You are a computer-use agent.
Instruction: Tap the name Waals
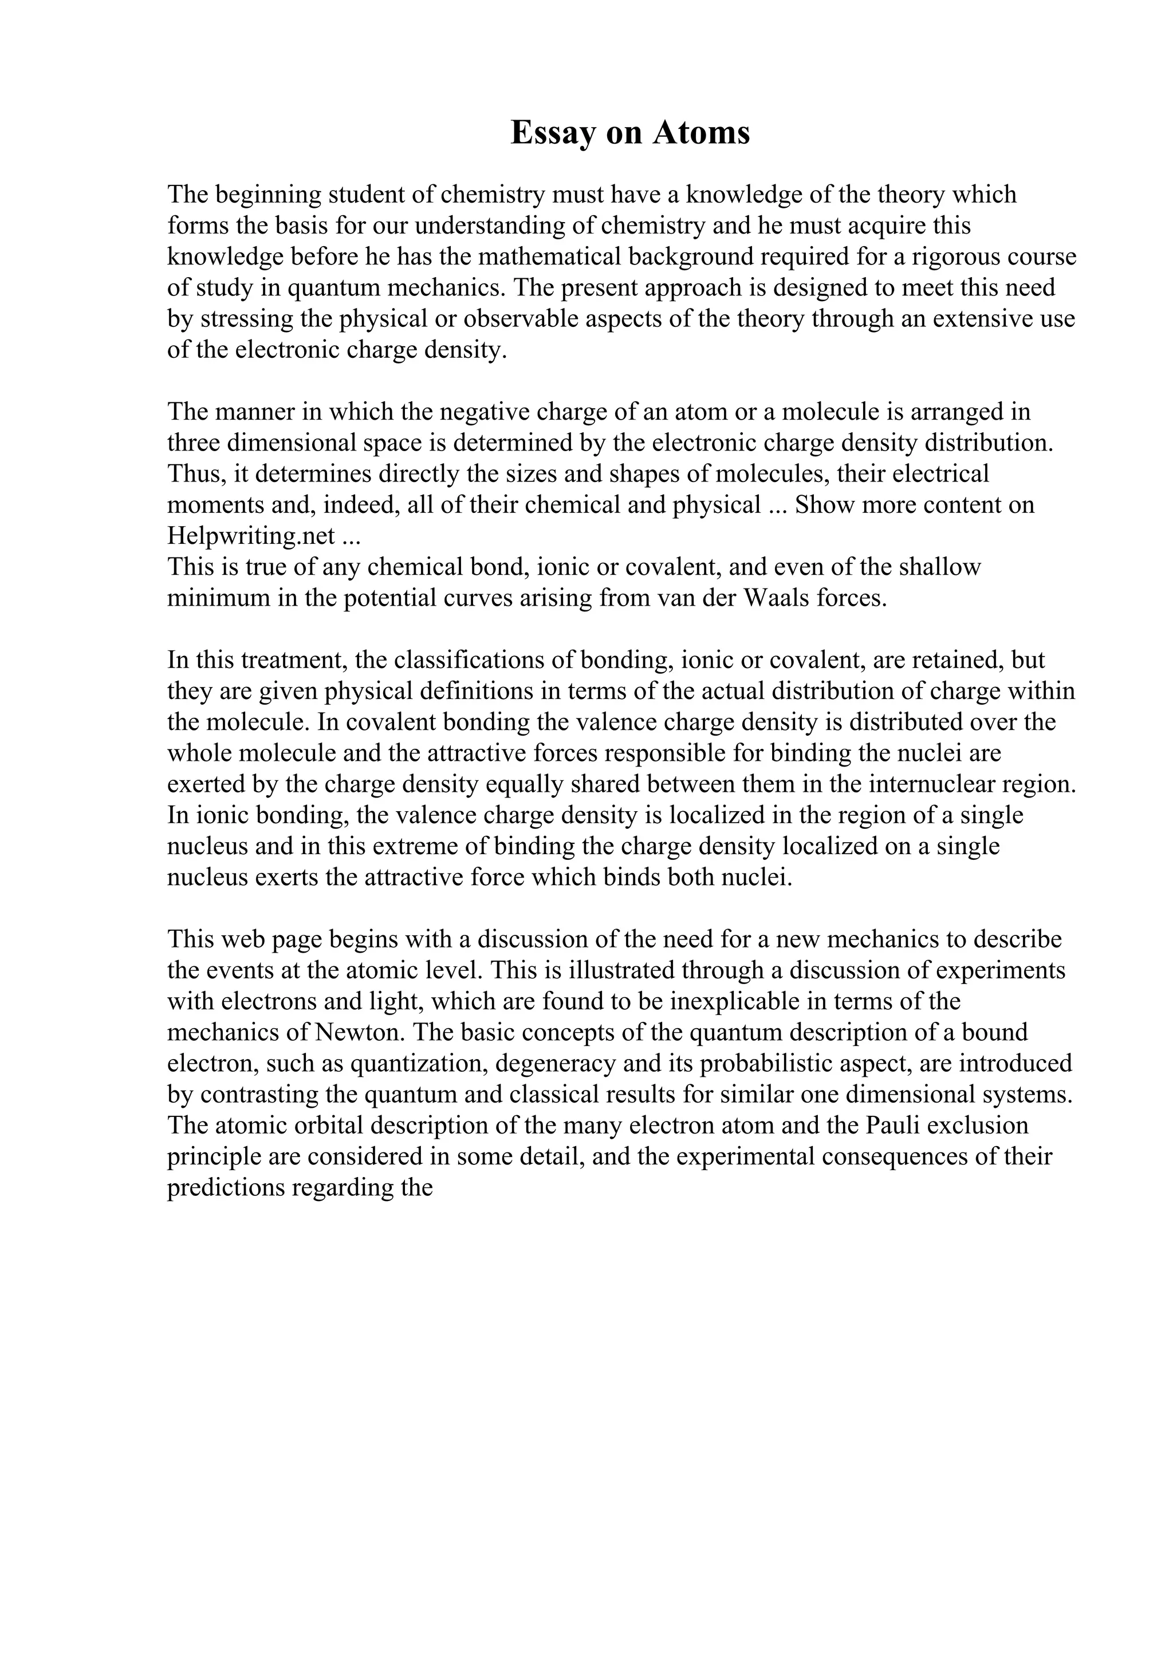[773, 598]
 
